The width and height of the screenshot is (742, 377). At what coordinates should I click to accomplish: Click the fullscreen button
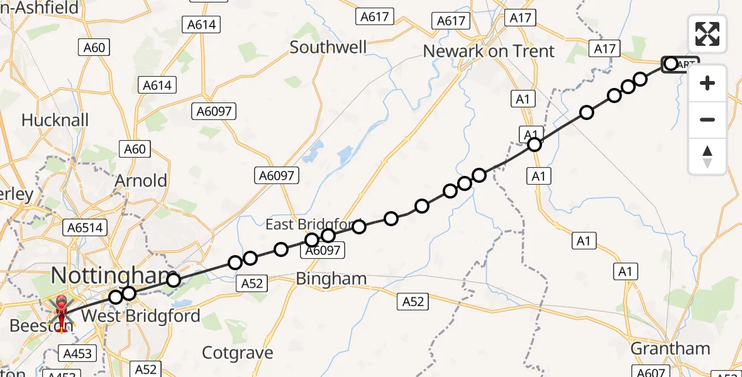707,34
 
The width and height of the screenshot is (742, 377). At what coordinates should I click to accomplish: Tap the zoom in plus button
707,83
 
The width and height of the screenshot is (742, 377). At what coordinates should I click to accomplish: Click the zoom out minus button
707,119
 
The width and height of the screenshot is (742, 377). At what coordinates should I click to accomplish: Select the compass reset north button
707,156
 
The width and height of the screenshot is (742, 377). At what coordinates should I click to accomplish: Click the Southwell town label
328,47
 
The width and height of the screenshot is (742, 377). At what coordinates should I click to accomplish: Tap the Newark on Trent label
489,51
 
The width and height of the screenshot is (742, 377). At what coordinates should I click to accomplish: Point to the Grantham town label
670,348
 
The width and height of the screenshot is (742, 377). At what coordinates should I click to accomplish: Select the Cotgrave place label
237,352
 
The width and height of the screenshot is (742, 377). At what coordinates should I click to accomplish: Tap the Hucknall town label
55,119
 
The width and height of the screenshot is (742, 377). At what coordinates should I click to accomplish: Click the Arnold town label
141,181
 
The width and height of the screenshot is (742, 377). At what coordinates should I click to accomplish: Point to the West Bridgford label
141,315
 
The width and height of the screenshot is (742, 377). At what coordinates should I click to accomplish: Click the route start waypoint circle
670,63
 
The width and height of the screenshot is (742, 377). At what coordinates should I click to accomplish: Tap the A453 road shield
77,354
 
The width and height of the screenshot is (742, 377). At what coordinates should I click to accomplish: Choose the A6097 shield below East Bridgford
323,251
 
